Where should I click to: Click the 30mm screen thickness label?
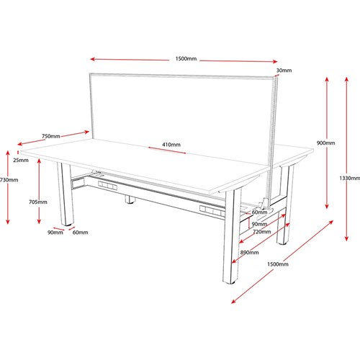click(284, 71)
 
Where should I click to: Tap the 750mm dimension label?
click(51, 136)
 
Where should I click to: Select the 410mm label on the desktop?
click(171, 145)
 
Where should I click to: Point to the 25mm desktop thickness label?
click(21, 160)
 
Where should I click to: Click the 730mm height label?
click(9, 180)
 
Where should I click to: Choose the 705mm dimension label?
click(38, 202)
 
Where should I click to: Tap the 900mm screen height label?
click(325, 143)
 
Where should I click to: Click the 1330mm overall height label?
click(349, 178)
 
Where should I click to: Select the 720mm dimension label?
click(262, 232)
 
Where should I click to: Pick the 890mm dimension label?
click(250, 252)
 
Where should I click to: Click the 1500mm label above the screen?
click(186, 58)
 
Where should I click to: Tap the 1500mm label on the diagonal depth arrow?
click(278, 264)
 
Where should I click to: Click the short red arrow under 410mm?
click(167, 150)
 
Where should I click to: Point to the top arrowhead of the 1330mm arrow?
click(346, 79)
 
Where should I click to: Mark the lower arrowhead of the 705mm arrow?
click(39, 221)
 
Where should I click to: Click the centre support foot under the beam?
click(130, 199)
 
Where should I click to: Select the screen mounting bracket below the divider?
click(264, 208)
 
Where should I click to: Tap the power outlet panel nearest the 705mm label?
click(107, 186)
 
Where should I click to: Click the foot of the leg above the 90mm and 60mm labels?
click(68, 225)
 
